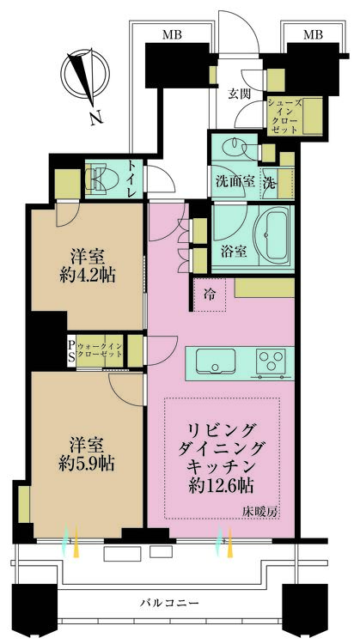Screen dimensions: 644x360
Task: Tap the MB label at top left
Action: pos(170,33)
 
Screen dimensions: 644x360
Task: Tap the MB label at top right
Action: pos(314,33)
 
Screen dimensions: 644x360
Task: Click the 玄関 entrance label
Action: pos(239,94)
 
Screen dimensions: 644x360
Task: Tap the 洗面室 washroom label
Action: pos(235,182)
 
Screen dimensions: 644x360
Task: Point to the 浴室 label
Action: pos(235,251)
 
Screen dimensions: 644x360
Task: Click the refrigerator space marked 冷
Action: pos(211,294)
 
